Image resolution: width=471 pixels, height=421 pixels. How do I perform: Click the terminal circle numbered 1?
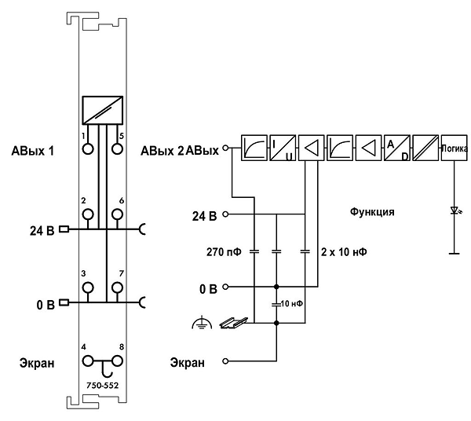[88, 148]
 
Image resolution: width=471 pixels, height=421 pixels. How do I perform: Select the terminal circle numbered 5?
[117, 148]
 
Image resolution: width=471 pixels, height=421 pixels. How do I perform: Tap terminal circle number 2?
[88, 214]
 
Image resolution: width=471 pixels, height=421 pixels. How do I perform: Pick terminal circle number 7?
[117, 287]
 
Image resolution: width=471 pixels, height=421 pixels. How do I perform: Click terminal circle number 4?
[88, 361]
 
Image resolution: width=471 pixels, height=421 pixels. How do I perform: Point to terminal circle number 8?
[117, 361]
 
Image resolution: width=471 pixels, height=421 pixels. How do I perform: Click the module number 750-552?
[102, 385]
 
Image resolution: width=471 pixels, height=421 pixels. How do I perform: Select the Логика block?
[455, 148]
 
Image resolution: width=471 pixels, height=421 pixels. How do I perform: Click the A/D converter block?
[397, 148]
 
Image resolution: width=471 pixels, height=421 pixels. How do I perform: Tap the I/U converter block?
[283, 148]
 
